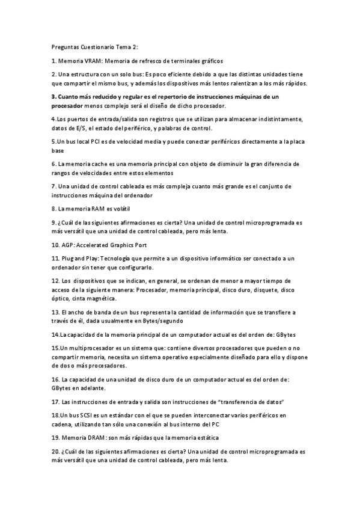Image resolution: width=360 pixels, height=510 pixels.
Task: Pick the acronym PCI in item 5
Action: click(89, 141)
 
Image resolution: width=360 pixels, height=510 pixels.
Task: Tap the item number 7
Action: click(53, 186)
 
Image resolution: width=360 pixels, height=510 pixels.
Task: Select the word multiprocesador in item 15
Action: click(92, 348)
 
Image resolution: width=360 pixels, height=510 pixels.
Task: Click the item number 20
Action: click(55, 450)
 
